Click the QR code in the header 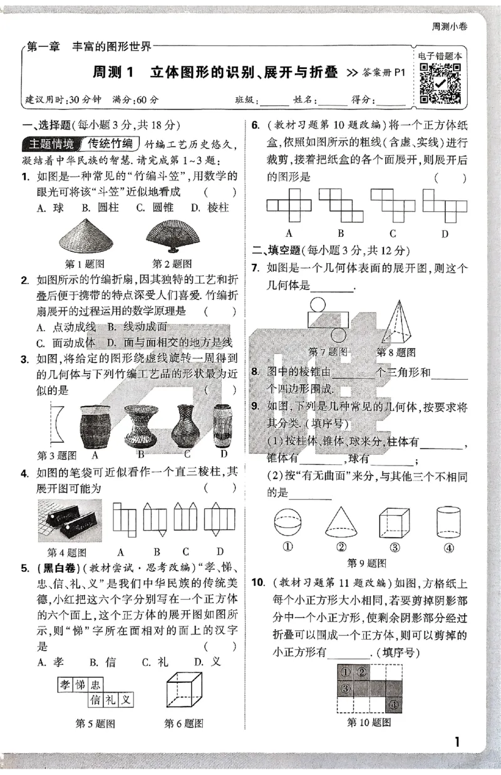tap(440, 83)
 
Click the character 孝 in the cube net tap(65, 684)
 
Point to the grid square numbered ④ tap(393, 704)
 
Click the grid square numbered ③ tap(345, 689)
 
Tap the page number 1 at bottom tap(457, 742)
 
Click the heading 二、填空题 tap(276, 251)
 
